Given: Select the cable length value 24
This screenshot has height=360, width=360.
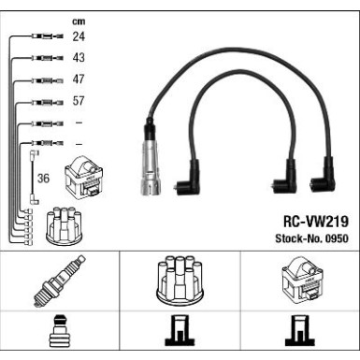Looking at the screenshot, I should (78, 37).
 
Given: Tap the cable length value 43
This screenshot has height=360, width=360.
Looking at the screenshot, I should (78, 58).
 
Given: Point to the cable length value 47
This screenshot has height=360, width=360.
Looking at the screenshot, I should (78, 79).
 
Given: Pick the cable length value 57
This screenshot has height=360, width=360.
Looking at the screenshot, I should (78, 101).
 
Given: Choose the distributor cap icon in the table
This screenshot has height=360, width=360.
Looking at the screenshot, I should (180, 281).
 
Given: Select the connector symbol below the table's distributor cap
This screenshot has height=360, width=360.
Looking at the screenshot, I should (180, 335).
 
